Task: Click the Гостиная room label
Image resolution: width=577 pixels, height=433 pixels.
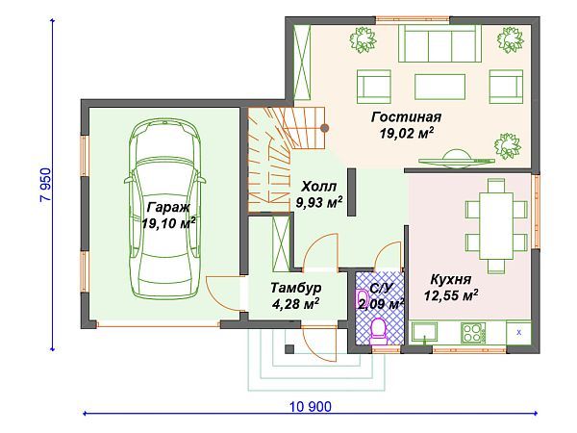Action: pos(406,117)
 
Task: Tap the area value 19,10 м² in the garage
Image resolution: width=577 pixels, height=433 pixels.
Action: pos(169,223)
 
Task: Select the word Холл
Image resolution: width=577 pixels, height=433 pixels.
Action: pos(318,187)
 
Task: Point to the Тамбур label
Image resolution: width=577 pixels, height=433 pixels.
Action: pos(296,288)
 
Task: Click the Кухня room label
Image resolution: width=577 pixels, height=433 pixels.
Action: pos(451,279)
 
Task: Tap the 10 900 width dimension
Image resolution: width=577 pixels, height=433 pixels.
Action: pos(311,407)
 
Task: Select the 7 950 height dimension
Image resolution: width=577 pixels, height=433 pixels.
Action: pos(45,185)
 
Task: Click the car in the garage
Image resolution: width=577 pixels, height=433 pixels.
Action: pos(164,208)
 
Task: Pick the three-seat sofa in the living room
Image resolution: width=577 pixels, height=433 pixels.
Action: pos(439,43)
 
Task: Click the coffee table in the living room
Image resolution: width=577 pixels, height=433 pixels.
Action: pos(439,87)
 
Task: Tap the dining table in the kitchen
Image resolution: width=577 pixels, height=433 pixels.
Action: pos(496,226)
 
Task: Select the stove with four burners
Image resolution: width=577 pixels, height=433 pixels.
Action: pos(473,332)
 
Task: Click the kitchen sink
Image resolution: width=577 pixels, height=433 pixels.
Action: pos(425,332)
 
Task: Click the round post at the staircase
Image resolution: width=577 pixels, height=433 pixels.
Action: pos(325,128)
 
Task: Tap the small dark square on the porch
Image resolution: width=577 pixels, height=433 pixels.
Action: pos(289,349)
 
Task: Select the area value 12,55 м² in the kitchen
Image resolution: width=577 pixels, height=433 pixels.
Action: pos(451,295)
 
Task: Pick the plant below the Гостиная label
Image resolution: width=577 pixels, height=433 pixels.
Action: pos(508,146)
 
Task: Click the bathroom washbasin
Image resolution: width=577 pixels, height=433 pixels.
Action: pos(363,298)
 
